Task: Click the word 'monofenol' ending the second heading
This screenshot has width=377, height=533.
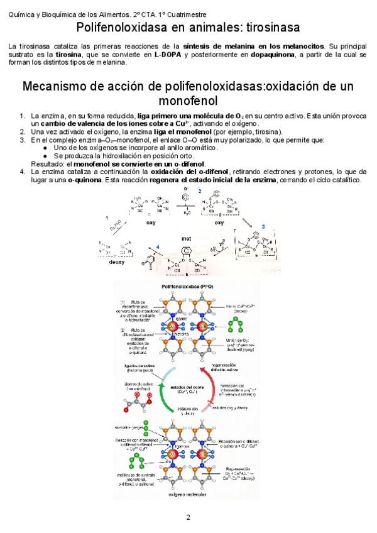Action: pyautogui.click(x=188, y=101)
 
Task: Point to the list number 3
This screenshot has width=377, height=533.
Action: pyautogui.click(x=23, y=140)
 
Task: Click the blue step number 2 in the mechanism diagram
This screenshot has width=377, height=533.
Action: pyautogui.click(x=199, y=190)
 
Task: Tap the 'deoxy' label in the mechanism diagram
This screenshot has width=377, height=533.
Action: pyautogui.click(x=117, y=261)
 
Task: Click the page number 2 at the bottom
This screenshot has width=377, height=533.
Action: pyautogui.click(x=188, y=517)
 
